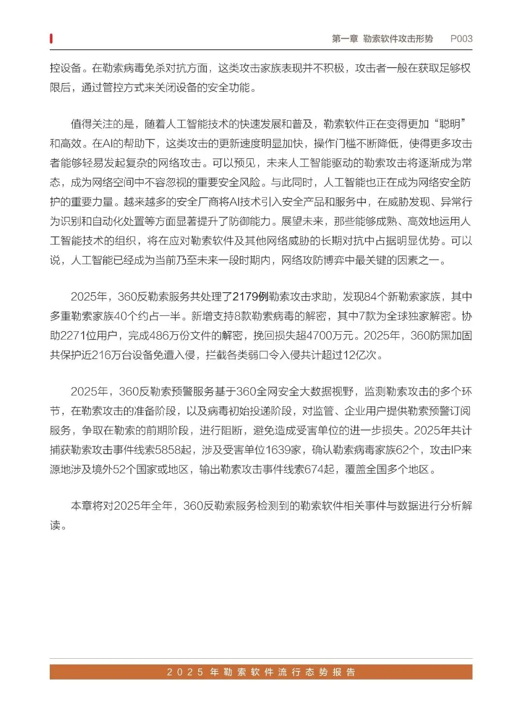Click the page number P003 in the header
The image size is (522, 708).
(x=461, y=39)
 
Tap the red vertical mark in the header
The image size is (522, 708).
(x=51, y=39)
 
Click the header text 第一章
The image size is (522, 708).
(x=345, y=39)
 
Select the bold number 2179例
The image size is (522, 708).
(x=250, y=297)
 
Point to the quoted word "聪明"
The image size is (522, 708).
(x=450, y=124)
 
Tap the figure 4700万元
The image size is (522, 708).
(x=331, y=336)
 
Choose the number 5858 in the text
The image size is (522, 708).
(x=168, y=450)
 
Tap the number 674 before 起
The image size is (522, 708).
(x=314, y=469)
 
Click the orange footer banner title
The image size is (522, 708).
(x=261, y=672)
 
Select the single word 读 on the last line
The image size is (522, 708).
(x=55, y=525)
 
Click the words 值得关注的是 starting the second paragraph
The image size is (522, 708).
(x=102, y=124)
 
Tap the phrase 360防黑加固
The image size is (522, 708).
(x=441, y=336)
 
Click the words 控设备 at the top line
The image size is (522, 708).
(x=65, y=68)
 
